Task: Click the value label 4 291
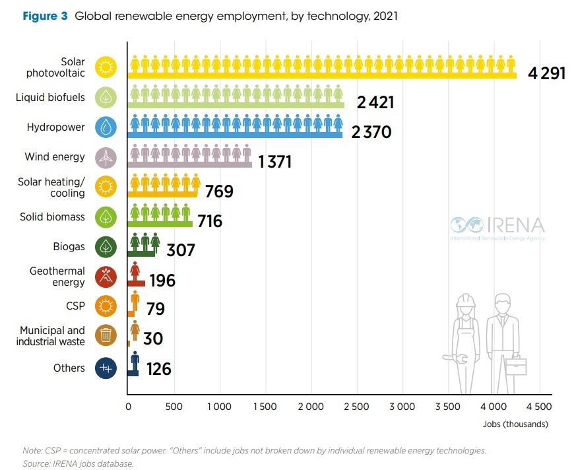pos(546,73)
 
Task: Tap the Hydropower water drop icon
pos(106,127)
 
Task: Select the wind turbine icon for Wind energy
pos(106,157)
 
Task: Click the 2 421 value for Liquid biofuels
pos(375,102)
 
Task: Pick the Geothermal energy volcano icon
pos(106,277)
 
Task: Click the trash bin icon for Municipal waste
pos(106,335)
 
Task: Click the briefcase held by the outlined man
pos(516,365)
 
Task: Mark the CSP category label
pos(75,306)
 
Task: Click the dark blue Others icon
pos(106,368)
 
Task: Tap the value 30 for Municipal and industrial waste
pos(152,339)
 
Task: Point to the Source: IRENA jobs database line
pos(78,463)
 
